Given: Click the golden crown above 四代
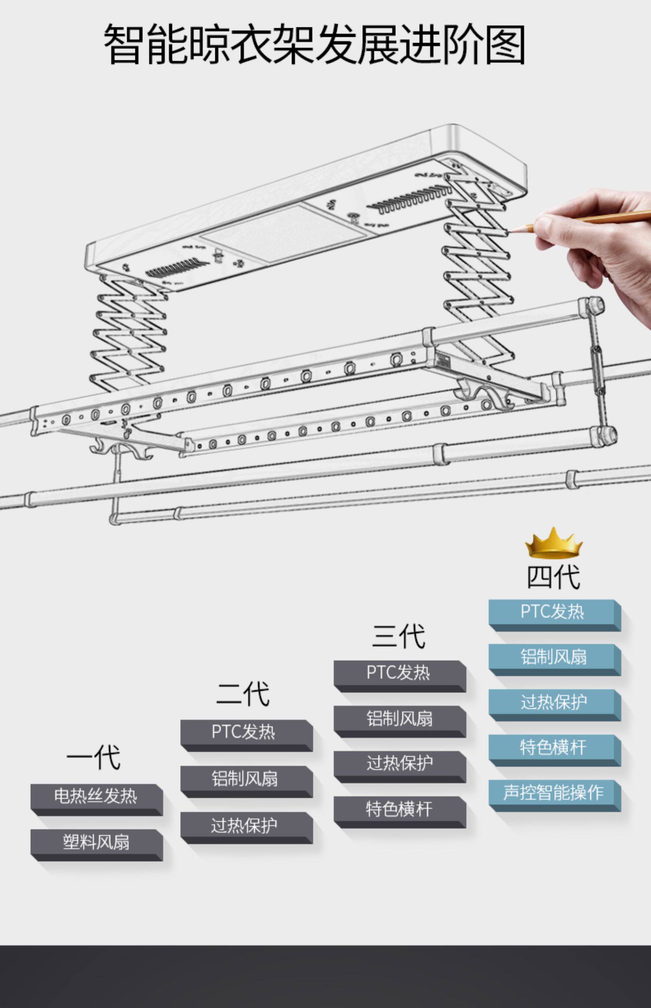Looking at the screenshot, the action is click(x=553, y=543).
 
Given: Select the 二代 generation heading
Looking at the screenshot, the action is click(x=243, y=694).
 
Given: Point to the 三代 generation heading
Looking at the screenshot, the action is click(x=398, y=636).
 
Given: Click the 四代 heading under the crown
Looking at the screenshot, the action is click(x=553, y=577).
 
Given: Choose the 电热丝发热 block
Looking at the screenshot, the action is click(x=96, y=797).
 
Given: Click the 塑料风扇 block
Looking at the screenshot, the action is click(x=96, y=842).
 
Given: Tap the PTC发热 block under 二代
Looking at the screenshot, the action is click(x=244, y=732).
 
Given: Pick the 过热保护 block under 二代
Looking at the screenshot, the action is click(x=244, y=825).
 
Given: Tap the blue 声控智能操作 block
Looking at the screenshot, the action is click(x=553, y=793).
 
